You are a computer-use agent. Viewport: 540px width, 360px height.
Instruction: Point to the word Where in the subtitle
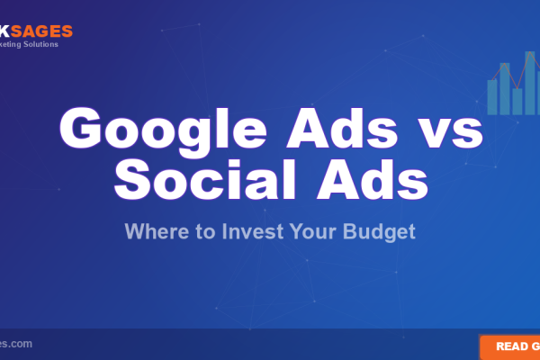tap(153, 231)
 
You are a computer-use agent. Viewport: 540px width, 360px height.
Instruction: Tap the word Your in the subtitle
tap(316, 231)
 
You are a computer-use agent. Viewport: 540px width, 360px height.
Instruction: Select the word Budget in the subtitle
tap(382, 231)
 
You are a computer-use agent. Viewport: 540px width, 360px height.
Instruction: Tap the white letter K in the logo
tap(4, 31)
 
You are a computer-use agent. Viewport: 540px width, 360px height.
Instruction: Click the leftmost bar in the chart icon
tap(492, 96)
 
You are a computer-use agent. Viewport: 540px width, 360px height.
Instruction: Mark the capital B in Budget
tap(355, 231)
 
